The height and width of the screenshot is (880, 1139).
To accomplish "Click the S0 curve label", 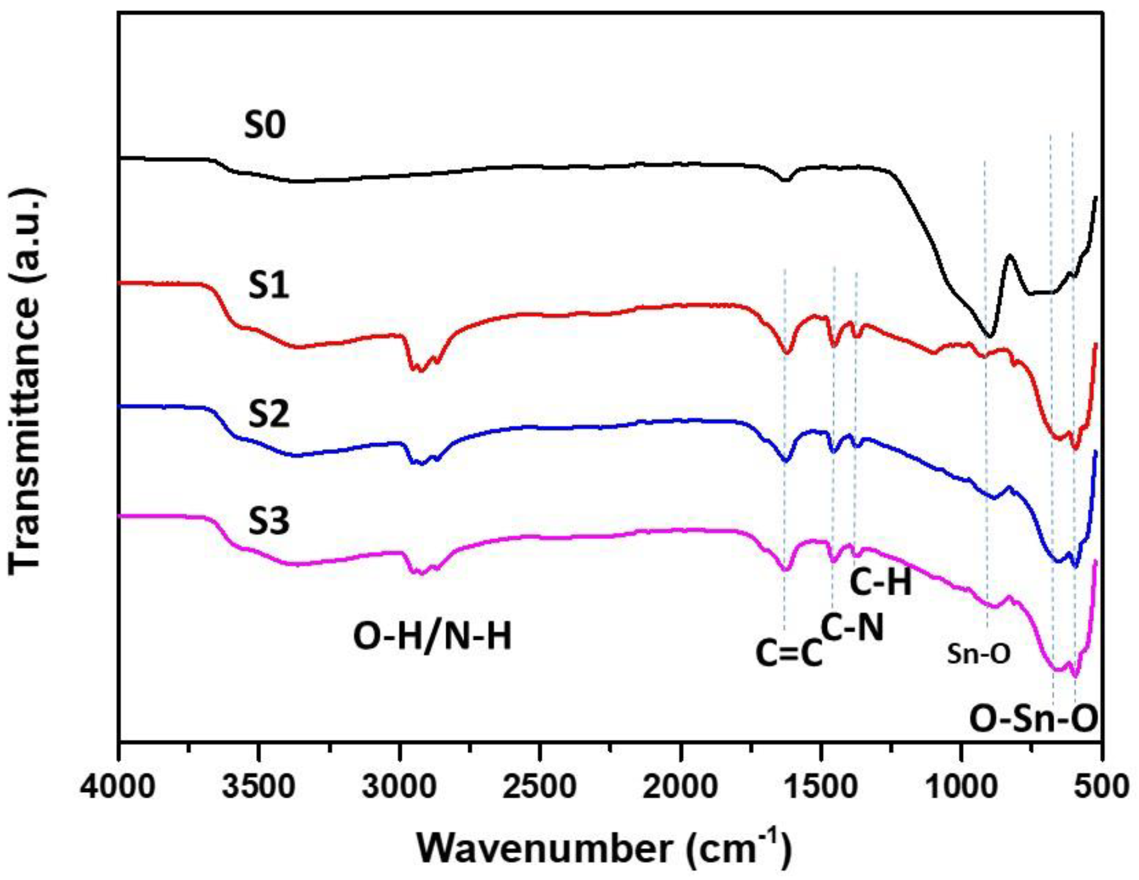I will pyautogui.click(x=265, y=126).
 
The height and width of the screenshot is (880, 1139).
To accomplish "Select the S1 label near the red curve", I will pyautogui.click(x=268, y=285).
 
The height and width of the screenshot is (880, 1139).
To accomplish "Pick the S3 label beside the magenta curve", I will pyautogui.click(x=268, y=522).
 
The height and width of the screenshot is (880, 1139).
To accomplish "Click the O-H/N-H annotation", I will pyautogui.click(x=432, y=637).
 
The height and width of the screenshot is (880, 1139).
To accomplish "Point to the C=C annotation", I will pyautogui.click(x=789, y=653).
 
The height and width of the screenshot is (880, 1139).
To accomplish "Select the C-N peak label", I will pyautogui.click(x=852, y=628).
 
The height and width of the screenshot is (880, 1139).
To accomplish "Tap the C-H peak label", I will pyautogui.click(x=881, y=583).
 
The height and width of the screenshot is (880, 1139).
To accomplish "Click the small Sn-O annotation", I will pyautogui.click(x=978, y=654).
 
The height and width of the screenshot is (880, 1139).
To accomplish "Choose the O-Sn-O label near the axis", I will pyautogui.click(x=1034, y=719).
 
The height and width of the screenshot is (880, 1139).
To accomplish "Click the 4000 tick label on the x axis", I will pyautogui.click(x=119, y=786).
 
